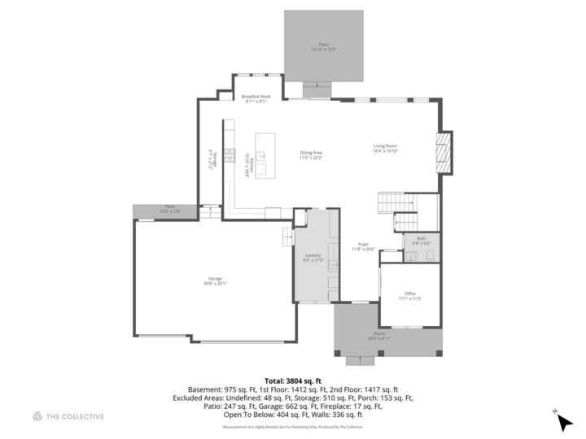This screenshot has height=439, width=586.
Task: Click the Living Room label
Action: (385, 146)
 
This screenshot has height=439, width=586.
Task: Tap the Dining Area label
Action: (312, 152)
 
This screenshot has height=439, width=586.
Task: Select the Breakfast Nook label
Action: (256, 97)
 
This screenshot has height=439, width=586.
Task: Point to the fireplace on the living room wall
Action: (444, 152)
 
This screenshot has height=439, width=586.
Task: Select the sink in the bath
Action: (413, 257)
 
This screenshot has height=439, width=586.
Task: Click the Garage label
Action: (215, 280)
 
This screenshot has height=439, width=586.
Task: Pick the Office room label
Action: (409, 293)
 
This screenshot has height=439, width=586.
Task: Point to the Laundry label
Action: (313, 255)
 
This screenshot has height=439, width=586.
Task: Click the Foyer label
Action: (363, 244)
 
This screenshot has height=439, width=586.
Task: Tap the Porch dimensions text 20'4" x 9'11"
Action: (380, 338)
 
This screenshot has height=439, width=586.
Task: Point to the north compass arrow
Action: (563, 421)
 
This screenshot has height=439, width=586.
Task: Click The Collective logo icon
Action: (37, 416)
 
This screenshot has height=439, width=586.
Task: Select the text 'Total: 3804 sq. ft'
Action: (292, 380)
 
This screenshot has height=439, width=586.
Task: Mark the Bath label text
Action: (422, 239)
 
